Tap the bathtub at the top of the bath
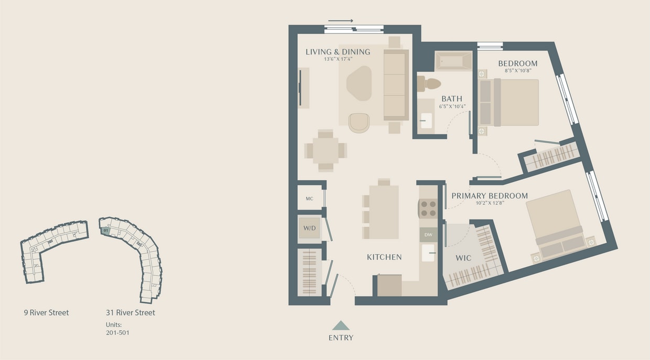point(454,61)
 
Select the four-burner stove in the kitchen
point(428,209)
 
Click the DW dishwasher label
point(428,235)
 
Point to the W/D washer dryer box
point(309,228)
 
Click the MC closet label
point(309,199)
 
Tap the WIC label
point(463,258)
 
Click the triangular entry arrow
point(341,325)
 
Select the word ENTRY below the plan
point(341,338)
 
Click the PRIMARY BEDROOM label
point(490,196)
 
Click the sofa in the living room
point(396,85)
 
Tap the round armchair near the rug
point(359,123)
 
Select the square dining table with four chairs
point(326,150)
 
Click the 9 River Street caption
point(46,313)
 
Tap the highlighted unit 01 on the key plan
point(105,230)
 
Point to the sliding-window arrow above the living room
point(341,21)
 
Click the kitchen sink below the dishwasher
point(428,253)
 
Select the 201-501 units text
point(117,332)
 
